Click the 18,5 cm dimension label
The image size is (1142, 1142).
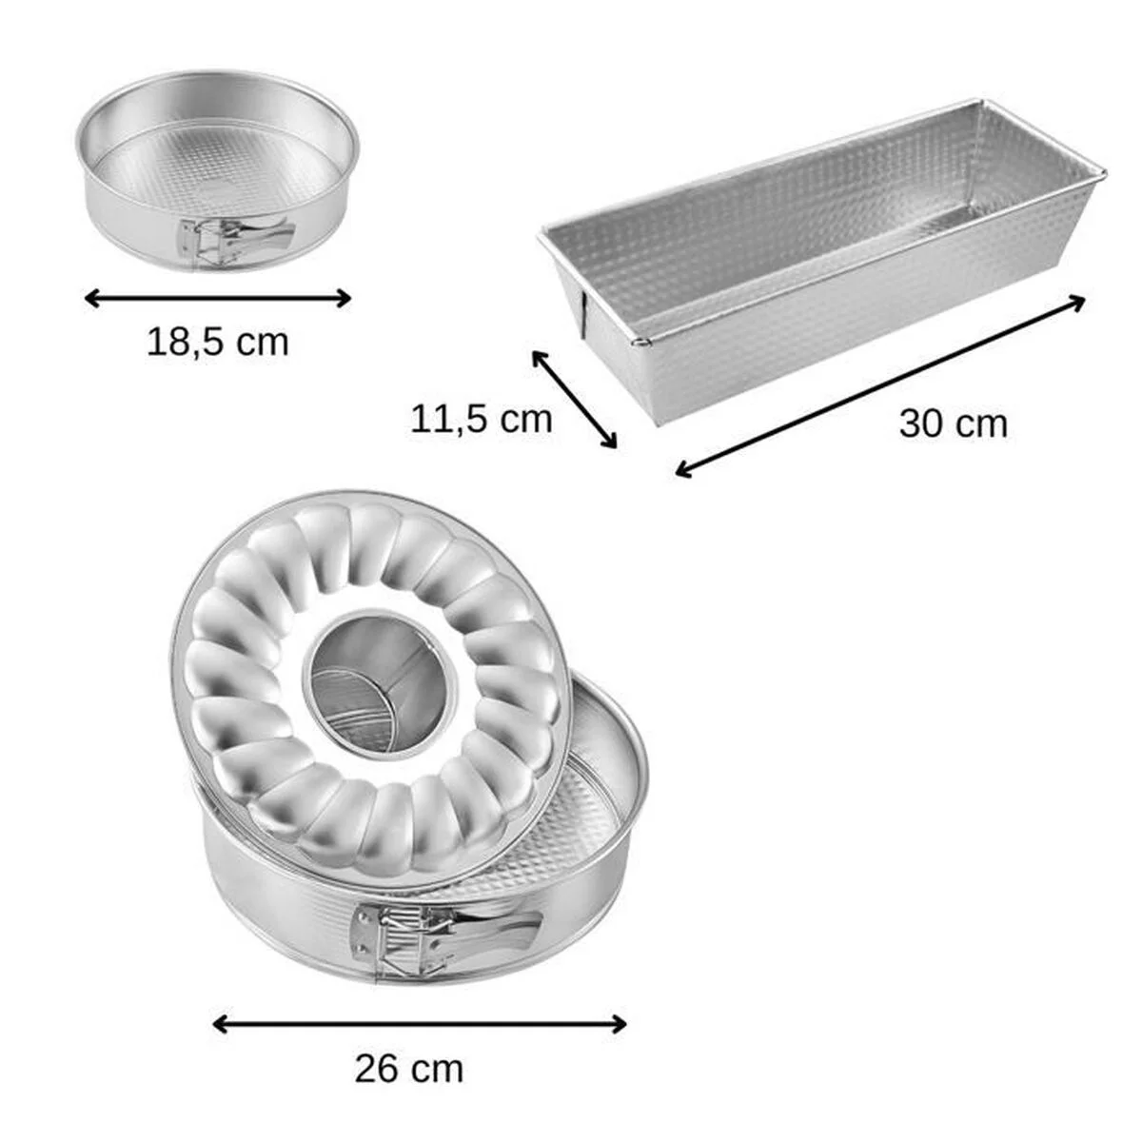point(217,342)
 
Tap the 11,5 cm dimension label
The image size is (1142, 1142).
point(481,419)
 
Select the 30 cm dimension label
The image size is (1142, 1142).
point(953,423)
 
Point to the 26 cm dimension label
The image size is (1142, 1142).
point(409,1069)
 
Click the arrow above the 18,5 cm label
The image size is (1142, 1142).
point(218,299)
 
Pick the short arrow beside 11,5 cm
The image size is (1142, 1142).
point(574,399)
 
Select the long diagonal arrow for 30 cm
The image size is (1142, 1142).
point(880,385)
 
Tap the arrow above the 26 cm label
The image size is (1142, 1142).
point(419,1024)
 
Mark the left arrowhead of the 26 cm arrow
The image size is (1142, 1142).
point(218,1024)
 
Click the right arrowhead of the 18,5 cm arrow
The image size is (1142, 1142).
point(345,299)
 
